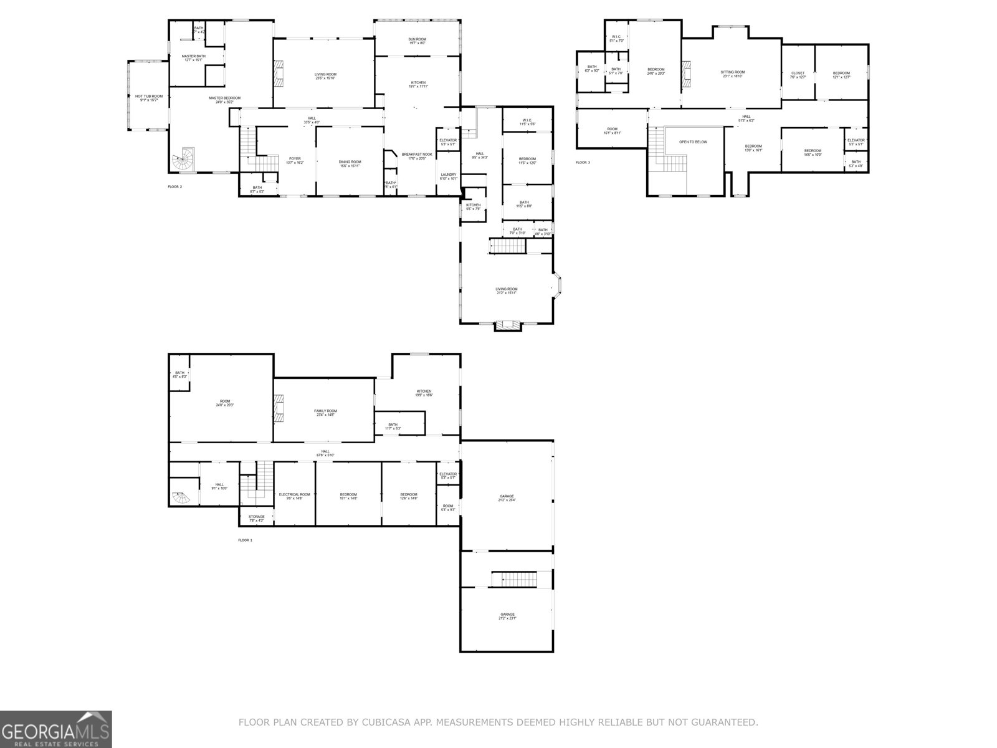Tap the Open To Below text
[693, 142]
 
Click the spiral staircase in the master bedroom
[185, 161]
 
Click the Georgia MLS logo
[56, 729]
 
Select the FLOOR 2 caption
[175, 186]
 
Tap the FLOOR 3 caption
[582, 163]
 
